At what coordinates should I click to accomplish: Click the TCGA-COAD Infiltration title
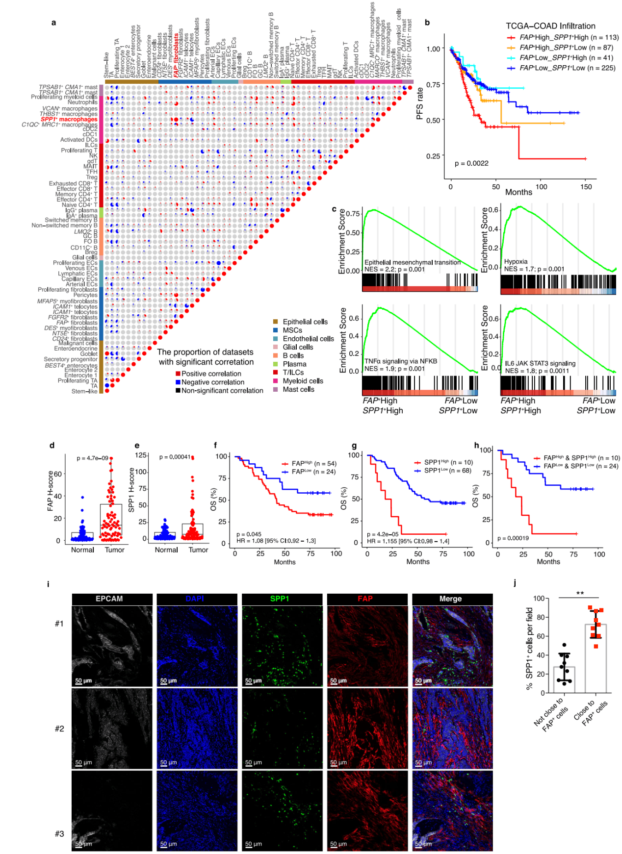click(550, 26)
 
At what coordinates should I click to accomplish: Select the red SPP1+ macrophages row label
click(69, 119)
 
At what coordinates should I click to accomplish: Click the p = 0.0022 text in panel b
click(471, 163)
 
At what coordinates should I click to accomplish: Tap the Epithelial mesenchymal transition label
click(412, 262)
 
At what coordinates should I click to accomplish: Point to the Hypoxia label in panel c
click(516, 262)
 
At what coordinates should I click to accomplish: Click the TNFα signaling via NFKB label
click(400, 361)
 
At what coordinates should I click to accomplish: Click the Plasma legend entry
click(294, 364)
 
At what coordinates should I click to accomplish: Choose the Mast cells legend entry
click(298, 389)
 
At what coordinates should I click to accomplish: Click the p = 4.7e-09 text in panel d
click(92, 458)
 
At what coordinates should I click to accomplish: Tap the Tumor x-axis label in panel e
click(198, 550)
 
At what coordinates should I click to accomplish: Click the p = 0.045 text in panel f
click(249, 534)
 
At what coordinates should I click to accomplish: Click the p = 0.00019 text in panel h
click(513, 538)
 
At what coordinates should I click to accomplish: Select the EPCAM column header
click(109, 599)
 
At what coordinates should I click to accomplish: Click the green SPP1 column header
click(280, 599)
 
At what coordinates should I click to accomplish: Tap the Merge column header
click(450, 599)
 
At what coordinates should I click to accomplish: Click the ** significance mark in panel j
click(580, 593)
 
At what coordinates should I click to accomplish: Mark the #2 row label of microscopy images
click(59, 729)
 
